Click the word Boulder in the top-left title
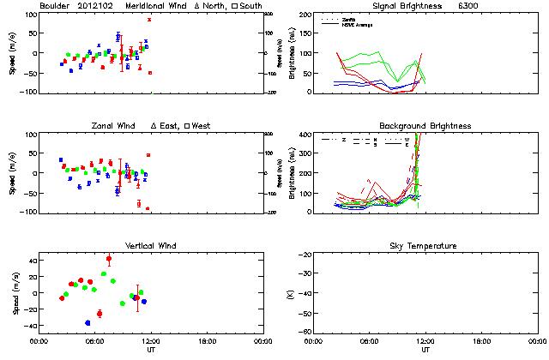pos(56,6)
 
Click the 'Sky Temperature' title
pos(425,246)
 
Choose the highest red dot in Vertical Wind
pos(109,258)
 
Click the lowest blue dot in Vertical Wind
pos(88,322)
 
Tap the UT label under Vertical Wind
pos(150,350)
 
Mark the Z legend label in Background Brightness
pos(343,139)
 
